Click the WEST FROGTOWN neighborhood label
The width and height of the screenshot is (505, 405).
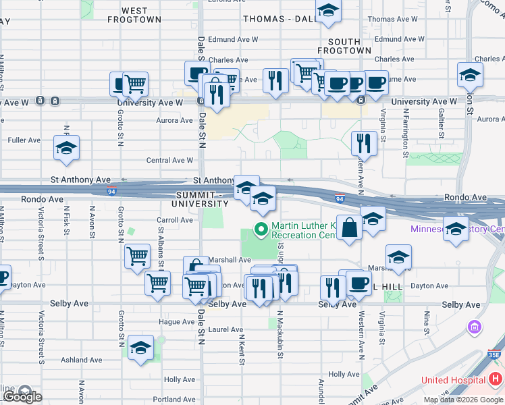[x=135, y=16]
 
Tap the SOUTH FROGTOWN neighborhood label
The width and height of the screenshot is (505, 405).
[x=344, y=46]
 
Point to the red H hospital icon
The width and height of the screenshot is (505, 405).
[x=496, y=380]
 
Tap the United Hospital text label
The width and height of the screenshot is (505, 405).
[x=453, y=381]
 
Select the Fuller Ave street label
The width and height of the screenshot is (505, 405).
[x=24, y=140]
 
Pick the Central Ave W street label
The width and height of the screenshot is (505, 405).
[x=170, y=161]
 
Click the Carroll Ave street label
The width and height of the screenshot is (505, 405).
[x=175, y=220]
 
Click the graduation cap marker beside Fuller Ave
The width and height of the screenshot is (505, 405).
[x=66, y=148]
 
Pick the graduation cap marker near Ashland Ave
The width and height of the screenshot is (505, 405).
[x=141, y=348]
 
